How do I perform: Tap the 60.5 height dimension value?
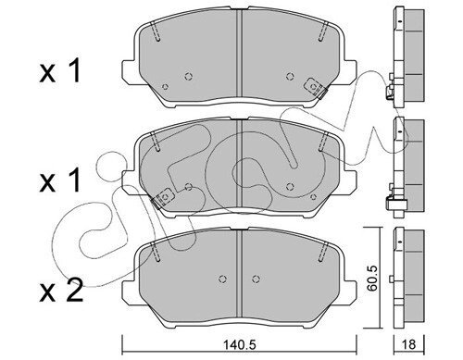point(372,278)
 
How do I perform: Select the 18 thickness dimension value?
point(409,344)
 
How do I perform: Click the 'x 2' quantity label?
point(61,290)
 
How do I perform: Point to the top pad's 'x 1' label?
point(59,71)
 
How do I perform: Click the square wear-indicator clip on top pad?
point(315,87)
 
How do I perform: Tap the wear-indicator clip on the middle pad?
point(163,197)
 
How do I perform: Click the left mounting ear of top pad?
point(129,71)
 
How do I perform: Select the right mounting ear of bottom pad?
point(350,291)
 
